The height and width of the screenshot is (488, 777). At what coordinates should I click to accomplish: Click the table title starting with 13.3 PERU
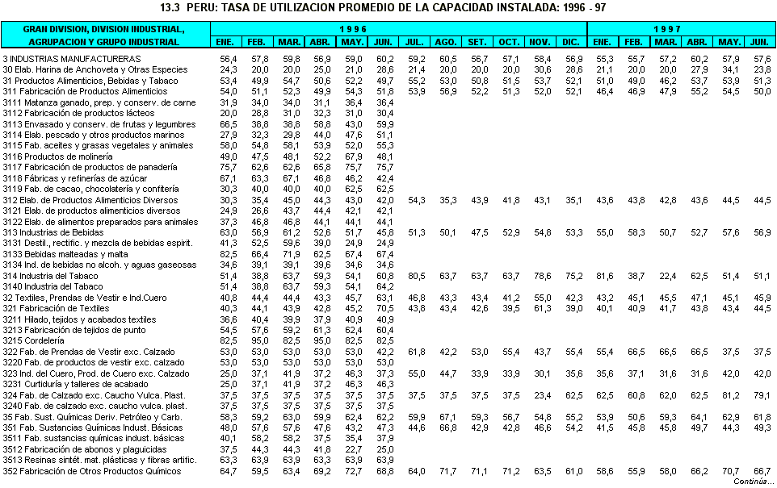[384, 8]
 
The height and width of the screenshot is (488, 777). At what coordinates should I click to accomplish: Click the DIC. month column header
[573, 41]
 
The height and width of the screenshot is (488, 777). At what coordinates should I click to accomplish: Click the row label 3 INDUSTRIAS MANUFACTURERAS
[71, 59]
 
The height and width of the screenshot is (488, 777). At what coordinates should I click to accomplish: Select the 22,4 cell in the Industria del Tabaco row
[666, 276]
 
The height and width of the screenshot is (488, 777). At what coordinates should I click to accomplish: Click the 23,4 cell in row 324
[542, 395]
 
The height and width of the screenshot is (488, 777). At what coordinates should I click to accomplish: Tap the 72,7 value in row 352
[353, 471]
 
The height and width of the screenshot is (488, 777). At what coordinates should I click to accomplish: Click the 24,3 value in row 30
[229, 69]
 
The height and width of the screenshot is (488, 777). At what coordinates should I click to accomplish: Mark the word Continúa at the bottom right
[748, 482]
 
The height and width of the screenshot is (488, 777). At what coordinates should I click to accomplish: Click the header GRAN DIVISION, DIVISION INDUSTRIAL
[105, 29]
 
